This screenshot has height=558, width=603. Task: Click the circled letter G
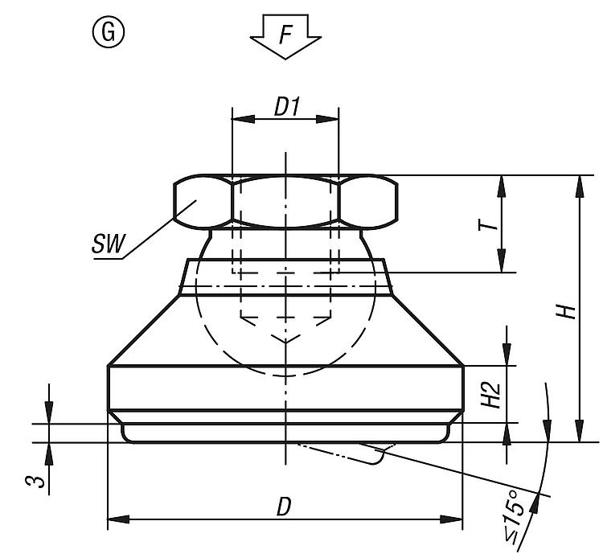pos(109,32)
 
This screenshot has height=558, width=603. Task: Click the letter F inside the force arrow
pos(285,35)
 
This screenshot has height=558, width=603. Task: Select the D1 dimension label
pos(286,106)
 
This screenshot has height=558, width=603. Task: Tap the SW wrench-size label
pos(109,244)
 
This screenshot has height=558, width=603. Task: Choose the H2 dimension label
pos(490,396)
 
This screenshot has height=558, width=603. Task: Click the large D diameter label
pos(284,507)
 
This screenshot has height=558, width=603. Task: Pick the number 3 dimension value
pos(35,481)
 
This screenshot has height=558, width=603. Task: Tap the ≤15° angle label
pos(515,517)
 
